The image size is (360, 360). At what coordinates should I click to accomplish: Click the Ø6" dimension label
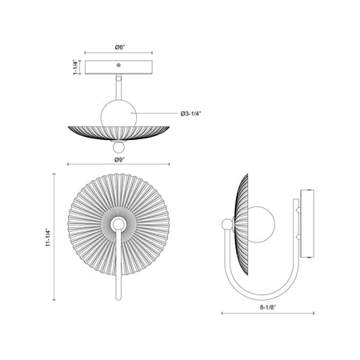click(120, 47)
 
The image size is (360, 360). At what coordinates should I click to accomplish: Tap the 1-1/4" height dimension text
click(76, 67)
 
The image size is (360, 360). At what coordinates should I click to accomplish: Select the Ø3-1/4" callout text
click(190, 114)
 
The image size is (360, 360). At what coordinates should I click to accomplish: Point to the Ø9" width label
click(119, 160)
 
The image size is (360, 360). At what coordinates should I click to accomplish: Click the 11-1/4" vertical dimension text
click(48, 237)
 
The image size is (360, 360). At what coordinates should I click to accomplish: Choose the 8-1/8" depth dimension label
click(268, 307)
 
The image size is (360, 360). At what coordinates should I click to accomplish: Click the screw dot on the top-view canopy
click(118, 65)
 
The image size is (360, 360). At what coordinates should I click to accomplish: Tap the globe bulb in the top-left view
click(118, 114)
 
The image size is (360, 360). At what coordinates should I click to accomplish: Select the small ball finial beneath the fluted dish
click(118, 147)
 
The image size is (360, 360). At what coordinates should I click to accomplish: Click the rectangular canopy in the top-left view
click(118, 67)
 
